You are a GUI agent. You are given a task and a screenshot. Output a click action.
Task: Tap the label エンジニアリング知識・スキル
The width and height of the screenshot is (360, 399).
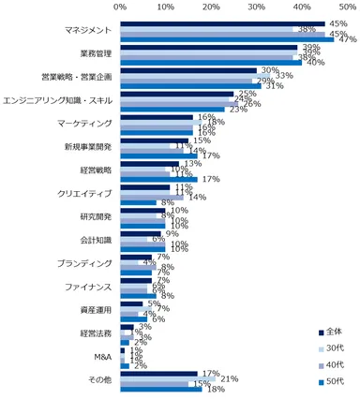(x=58, y=100)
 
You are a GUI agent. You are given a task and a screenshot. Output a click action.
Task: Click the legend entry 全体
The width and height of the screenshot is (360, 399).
(x=334, y=333)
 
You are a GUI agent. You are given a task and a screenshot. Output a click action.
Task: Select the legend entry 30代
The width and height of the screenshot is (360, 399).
(x=334, y=347)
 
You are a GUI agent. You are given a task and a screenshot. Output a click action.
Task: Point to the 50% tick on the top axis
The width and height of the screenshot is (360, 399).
(x=348, y=7)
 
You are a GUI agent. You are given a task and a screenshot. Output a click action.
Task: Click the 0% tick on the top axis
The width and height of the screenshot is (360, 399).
(x=120, y=7)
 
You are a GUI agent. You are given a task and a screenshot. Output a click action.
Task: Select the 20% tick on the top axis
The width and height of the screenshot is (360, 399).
(x=211, y=7)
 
